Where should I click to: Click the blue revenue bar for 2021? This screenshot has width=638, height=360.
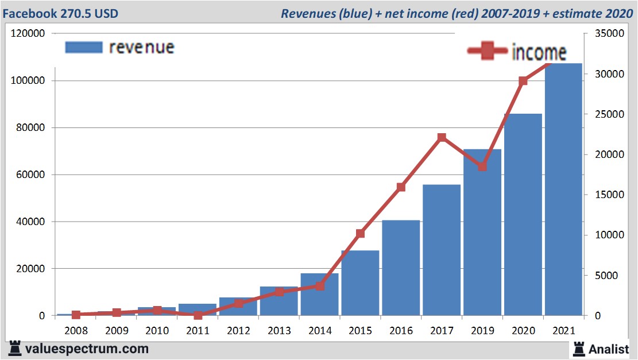pyautogui.click(x=563, y=189)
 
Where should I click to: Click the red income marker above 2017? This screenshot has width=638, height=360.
pyautogui.click(x=442, y=138)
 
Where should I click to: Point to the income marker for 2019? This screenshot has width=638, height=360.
pyautogui.click(x=482, y=167)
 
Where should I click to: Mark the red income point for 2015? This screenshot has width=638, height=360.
pyautogui.click(x=360, y=233)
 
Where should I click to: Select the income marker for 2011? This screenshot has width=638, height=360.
pyautogui.click(x=198, y=315)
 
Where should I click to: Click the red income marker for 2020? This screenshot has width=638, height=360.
pyautogui.click(x=523, y=81)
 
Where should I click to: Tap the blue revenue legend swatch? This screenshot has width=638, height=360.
pyautogui.click(x=84, y=47)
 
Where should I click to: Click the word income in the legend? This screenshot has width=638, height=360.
pyautogui.click(x=539, y=52)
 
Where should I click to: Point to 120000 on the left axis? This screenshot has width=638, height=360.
pyautogui.click(x=28, y=34)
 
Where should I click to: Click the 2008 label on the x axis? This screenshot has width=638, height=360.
pyautogui.click(x=76, y=331)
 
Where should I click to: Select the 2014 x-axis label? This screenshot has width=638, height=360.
pyautogui.click(x=320, y=331)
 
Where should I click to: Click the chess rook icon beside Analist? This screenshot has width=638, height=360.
pyautogui.click(x=579, y=348)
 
